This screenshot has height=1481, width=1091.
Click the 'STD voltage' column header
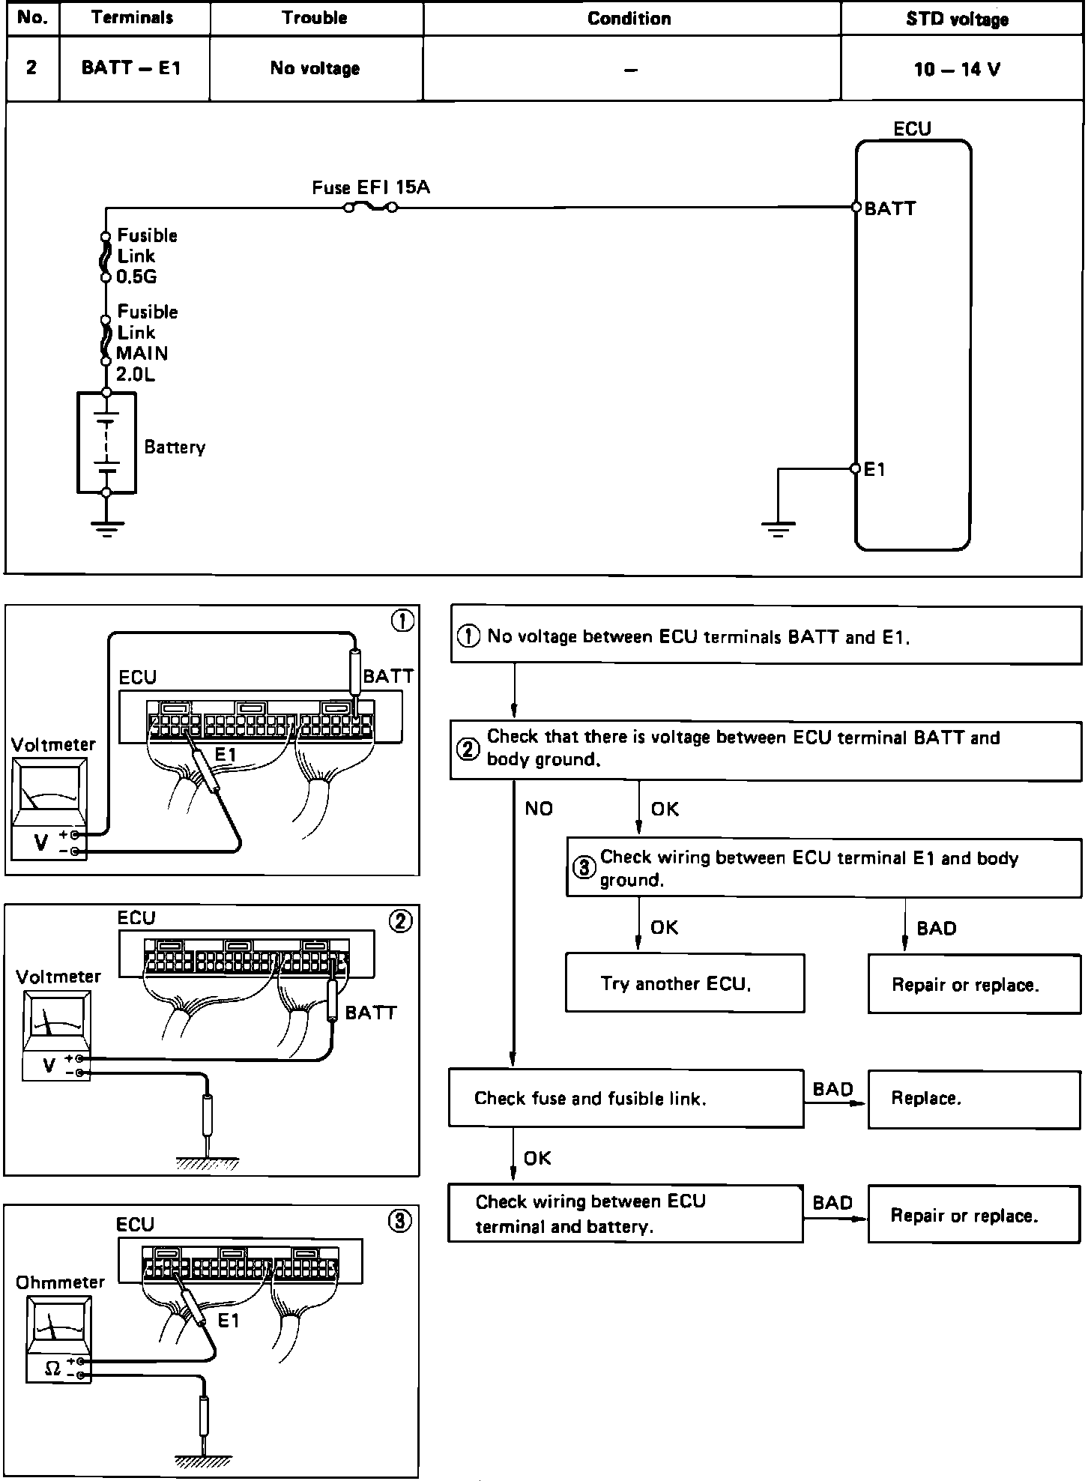coord(957,19)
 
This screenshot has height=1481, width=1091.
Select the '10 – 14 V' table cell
coord(957,69)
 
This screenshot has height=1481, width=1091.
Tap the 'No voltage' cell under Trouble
coord(315,68)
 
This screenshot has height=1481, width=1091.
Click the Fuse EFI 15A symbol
coord(370,207)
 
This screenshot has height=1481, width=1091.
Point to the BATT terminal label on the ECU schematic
coord(889,208)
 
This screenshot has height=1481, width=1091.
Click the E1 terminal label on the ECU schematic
coord(874,470)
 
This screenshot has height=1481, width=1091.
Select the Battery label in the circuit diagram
coord(175,447)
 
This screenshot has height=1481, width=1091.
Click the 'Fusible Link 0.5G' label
coord(146,256)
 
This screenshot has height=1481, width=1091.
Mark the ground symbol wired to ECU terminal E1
coord(778,528)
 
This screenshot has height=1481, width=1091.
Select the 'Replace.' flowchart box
coord(973,1099)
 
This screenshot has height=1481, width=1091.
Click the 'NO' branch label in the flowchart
coord(538,809)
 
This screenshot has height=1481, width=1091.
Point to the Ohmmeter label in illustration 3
coord(60,1282)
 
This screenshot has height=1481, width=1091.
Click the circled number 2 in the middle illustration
coord(400,922)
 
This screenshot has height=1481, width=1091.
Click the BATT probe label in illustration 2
coord(370,1013)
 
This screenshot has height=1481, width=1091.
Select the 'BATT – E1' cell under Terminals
coord(131,68)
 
